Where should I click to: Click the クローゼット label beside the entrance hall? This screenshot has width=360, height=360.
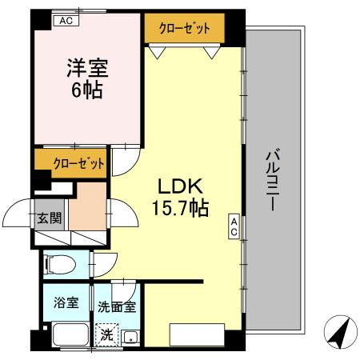(x=79, y=164)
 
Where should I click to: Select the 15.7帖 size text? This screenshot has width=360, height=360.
(x=180, y=210)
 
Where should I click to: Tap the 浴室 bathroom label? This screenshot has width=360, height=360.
(x=66, y=303)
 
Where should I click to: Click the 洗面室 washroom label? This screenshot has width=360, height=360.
(x=117, y=306)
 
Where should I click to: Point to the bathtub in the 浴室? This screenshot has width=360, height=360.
(x=68, y=334)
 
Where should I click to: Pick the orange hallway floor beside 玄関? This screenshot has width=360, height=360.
(x=86, y=207)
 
